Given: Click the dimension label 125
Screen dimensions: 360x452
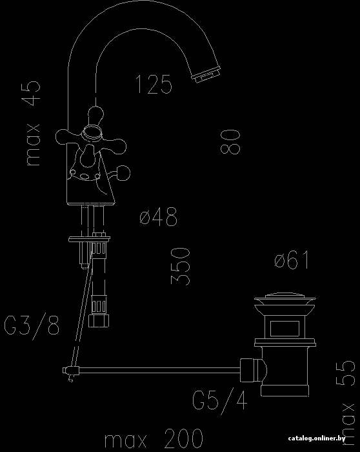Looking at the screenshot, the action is tap(154, 84).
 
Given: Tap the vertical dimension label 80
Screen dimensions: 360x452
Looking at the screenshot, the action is tap(230, 141).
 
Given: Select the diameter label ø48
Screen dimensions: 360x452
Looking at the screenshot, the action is tap(159, 216).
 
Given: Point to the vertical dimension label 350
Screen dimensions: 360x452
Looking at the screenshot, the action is tap(181, 266).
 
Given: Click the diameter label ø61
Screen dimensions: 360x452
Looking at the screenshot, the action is tap(292, 260).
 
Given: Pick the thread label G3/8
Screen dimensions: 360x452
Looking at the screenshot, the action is tap(32, 325).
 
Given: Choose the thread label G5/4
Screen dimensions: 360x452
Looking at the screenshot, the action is tap(220, 400).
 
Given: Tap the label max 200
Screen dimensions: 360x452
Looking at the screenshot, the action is tap(154, 438).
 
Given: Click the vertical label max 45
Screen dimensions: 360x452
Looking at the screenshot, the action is tap(33, 123).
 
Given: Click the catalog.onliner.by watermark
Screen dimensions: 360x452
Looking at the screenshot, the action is tap(317, 438).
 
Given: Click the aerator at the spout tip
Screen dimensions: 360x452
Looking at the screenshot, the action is tap(207, 75).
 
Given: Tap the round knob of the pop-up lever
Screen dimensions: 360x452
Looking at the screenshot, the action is tap(123, 173).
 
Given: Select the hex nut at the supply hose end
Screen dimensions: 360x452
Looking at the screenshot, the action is tap(99, 320).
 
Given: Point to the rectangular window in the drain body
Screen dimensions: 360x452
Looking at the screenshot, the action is tap(285, 329).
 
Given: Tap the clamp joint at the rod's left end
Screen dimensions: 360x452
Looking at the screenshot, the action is tap(71, 371).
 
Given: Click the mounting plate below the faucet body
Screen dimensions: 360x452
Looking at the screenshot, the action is tap(89, 239).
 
